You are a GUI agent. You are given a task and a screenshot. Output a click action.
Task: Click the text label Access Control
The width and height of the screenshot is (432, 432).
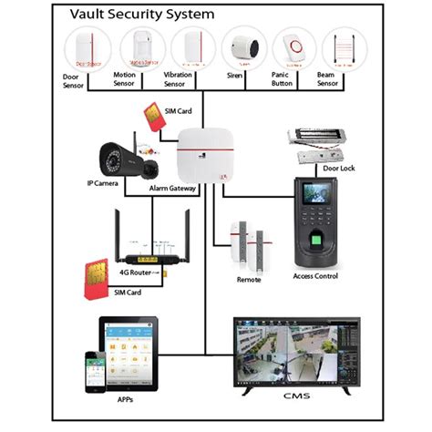click(315, 276)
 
